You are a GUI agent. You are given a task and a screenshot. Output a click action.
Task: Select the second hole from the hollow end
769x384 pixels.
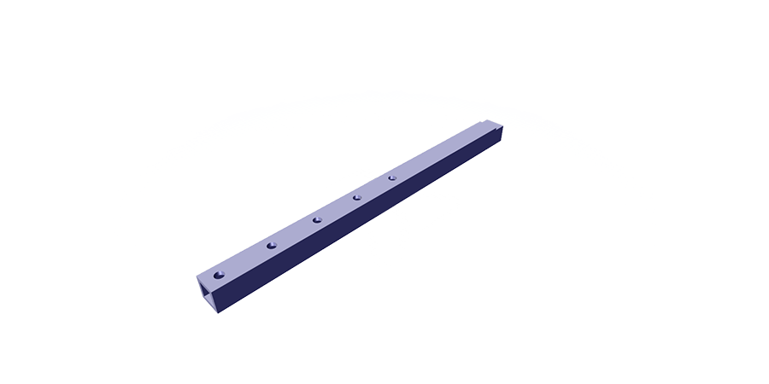[271, 246]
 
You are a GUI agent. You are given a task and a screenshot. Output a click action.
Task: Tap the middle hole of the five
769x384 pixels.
[316, 220]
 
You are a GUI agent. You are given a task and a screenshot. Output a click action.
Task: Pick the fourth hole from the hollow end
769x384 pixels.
[356, 198]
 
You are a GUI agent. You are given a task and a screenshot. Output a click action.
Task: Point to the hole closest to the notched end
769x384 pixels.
[392, 177]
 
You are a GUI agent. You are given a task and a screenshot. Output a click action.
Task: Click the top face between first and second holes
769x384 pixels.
[246, 259]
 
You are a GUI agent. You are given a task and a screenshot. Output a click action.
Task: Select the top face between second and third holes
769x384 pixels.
[294, 233]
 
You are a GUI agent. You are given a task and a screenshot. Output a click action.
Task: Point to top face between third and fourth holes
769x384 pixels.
[337, 209]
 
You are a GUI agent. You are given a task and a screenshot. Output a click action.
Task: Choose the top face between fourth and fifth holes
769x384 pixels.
[374, 188]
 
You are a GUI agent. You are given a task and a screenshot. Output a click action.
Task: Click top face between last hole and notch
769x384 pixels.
[436, 153]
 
